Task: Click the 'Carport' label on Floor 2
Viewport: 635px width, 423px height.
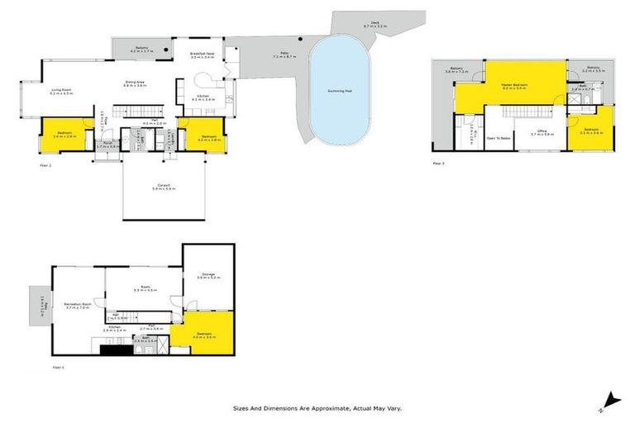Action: point(161,187)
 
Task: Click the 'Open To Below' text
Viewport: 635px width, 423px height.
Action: point(498,138)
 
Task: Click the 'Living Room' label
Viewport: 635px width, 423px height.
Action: point(62,91)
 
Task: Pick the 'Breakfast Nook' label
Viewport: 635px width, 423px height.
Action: point(203,55)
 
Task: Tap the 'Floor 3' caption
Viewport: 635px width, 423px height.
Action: point(438,164)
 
